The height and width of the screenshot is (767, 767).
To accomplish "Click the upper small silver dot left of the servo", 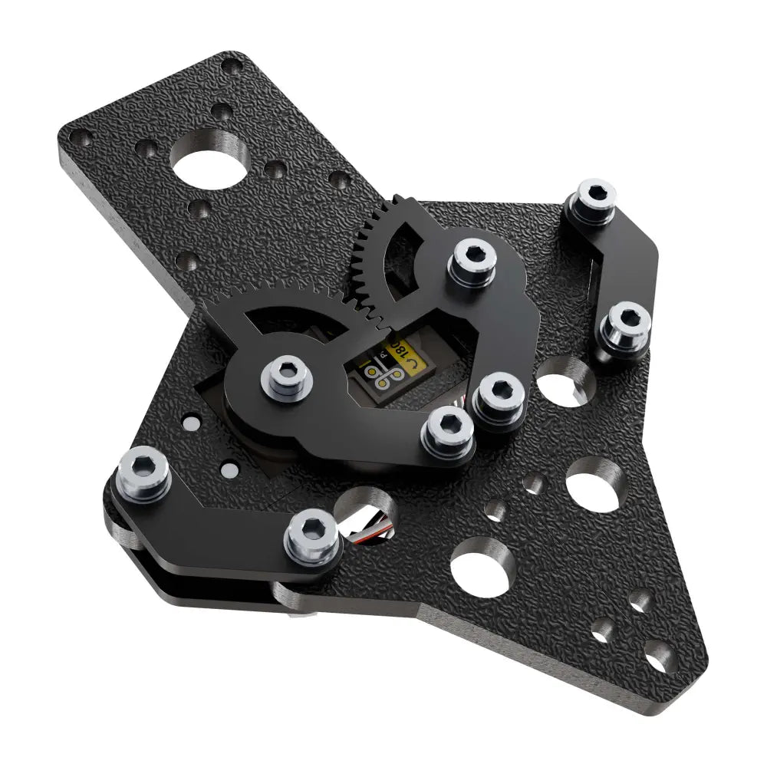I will tap(191, 423).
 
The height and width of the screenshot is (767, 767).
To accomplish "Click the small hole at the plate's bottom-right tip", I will tap(653, 662).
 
